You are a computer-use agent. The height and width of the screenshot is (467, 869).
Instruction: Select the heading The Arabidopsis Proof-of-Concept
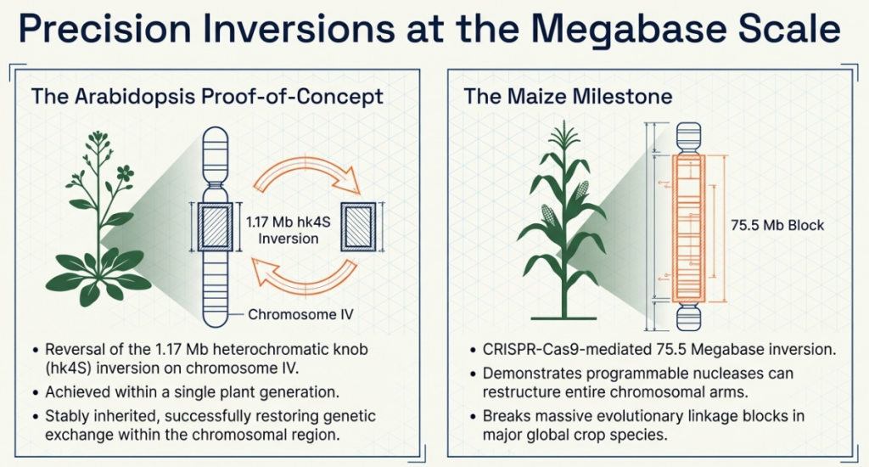coord(207,97)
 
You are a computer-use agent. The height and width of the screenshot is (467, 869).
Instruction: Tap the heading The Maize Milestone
coord(568,97)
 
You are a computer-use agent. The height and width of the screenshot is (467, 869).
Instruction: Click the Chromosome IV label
coord(300,314)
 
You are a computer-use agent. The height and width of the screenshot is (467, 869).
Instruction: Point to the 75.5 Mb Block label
coord(777,225)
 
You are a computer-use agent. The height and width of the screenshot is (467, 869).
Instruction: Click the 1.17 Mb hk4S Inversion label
coord(289,230)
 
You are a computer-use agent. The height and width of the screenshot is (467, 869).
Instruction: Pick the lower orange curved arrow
coord(305,275)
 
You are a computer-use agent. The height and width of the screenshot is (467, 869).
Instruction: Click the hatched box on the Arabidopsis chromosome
coord(215,227)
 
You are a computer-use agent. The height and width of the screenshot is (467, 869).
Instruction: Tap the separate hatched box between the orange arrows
coord(358,227)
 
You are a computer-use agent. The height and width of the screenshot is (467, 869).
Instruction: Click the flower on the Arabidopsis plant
coord(126,172)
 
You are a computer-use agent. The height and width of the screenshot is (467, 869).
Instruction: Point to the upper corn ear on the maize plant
coord(581,190)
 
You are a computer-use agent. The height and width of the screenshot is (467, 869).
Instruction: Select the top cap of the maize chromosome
coord(688,136)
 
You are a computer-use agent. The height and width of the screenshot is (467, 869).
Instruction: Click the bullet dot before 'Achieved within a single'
coord(36,392)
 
